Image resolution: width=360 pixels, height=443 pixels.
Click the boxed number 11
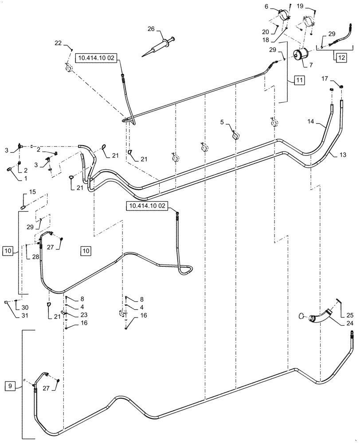point(299,80)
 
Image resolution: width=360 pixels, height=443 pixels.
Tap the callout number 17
point(325,79)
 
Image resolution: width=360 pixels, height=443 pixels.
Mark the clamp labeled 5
point(235,135)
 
